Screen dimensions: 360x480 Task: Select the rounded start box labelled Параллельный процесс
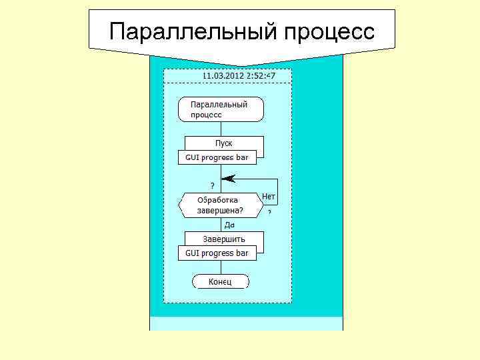[x=221, y=109]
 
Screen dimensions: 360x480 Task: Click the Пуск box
[x=224, y=143]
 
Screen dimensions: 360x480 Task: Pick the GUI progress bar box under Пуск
[x=217, y=158]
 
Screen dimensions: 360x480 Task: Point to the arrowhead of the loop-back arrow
[x=228, y=178]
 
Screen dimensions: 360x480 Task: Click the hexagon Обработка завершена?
[x=220, y=205]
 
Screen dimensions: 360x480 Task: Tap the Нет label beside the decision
[x=269, y=196]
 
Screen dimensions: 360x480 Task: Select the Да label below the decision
[x=229, y=225]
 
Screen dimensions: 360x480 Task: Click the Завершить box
[x=224, y=239]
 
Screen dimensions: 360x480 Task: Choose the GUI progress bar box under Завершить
[x=217, y=253]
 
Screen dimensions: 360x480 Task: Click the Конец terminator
[x=221, y=282]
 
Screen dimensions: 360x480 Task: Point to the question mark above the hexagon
[x=213, y=185]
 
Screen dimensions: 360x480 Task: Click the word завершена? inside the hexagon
[x=220, y=211]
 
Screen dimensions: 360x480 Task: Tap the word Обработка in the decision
[x=218, y=200]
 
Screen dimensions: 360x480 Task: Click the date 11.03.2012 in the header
[x=223, y=75]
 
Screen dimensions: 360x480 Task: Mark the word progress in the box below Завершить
[x=217, y=253]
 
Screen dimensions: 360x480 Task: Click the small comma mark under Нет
[x=269, y=211]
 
